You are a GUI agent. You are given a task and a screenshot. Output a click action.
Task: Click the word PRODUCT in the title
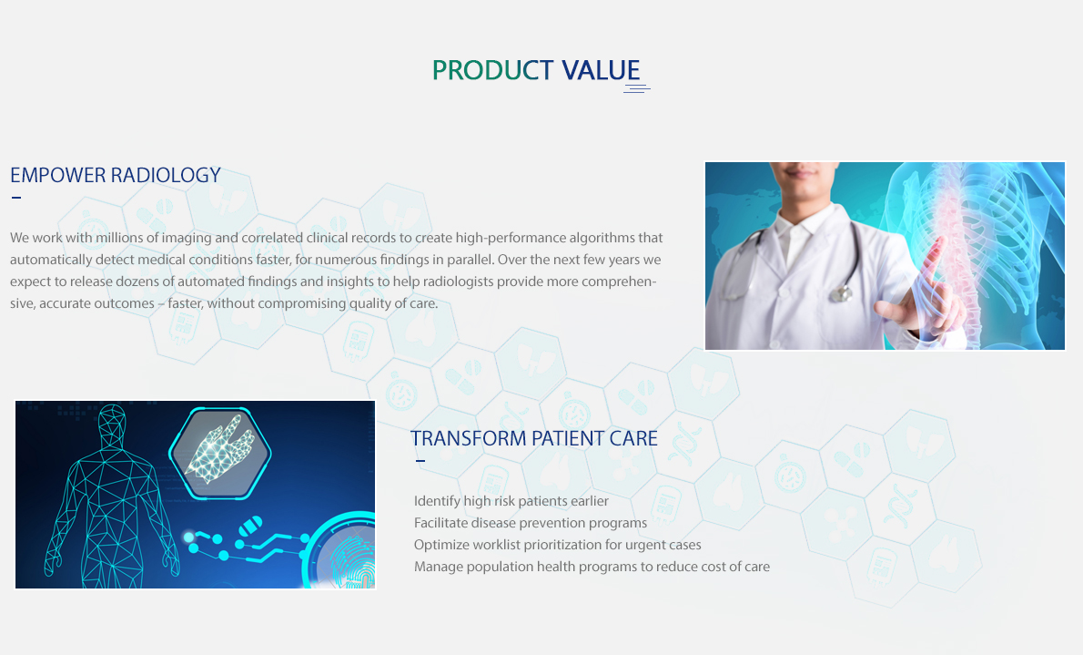[x=492, y=70]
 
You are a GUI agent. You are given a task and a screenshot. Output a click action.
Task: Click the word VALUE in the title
[x=601, y=70]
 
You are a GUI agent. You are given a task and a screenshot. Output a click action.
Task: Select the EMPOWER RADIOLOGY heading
[x=116, y=175]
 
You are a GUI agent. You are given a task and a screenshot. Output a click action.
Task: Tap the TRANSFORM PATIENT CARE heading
[x=534, y=438]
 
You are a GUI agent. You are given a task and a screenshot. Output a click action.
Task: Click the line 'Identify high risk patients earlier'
[x=511, y=501]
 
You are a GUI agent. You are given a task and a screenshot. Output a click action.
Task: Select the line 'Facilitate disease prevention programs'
[x=531, y=523]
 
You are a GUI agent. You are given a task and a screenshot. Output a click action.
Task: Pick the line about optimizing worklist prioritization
[x=557, y=545]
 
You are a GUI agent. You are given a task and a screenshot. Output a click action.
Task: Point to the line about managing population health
[x=592, y=568]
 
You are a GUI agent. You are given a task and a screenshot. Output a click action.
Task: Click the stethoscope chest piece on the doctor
[x=840, y=294]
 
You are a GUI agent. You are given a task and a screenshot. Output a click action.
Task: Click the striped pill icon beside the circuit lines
[x=250, y=526]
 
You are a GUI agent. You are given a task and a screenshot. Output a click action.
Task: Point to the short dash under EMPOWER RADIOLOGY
[x=16, y=198]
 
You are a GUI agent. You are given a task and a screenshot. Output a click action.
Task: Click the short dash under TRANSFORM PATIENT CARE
[x=420, y=461]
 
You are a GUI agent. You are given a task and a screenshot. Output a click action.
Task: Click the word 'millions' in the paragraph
[x=119, y=238]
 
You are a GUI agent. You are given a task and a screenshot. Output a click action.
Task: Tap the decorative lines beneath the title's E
[x=637, y=87]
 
